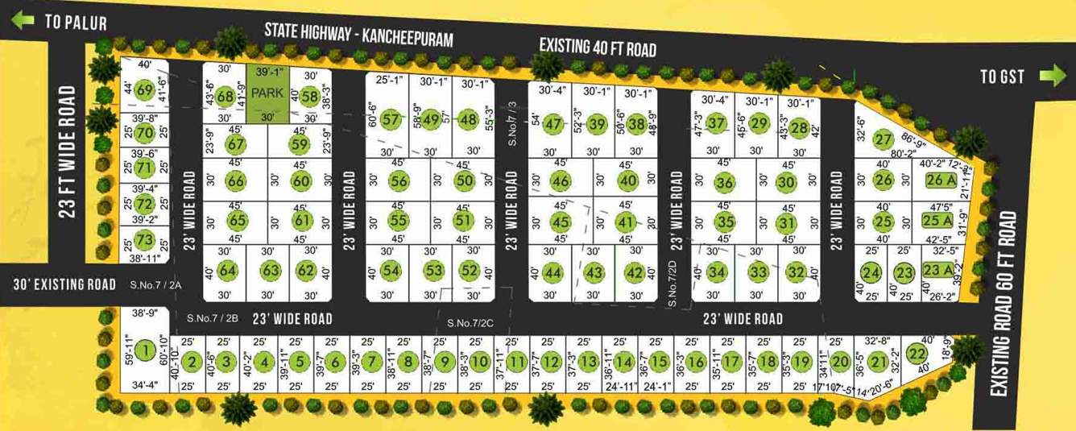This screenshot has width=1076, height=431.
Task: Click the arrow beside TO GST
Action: point(1052,76)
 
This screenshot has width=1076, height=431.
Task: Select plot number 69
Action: point(144,89)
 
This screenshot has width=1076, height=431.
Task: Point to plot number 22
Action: point(917,354)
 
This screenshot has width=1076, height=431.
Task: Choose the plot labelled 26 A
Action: point(939,180)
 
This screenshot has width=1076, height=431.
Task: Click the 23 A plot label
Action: point(937,271)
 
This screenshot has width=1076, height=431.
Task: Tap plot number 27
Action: point(884,139)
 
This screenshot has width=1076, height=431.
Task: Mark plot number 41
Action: point(626,222)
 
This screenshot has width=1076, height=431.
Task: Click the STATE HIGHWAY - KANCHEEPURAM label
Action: point(359,35)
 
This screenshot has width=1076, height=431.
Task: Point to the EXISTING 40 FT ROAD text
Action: point(597,47)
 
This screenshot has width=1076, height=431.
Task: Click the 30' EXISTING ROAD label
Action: point(64,284)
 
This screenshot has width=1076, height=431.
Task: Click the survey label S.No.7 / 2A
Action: point(156,284)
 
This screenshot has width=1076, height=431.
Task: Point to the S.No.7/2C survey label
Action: point(470,323)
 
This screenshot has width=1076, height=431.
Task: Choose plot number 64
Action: point(228,270)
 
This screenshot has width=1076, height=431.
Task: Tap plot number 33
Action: point(758,272)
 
